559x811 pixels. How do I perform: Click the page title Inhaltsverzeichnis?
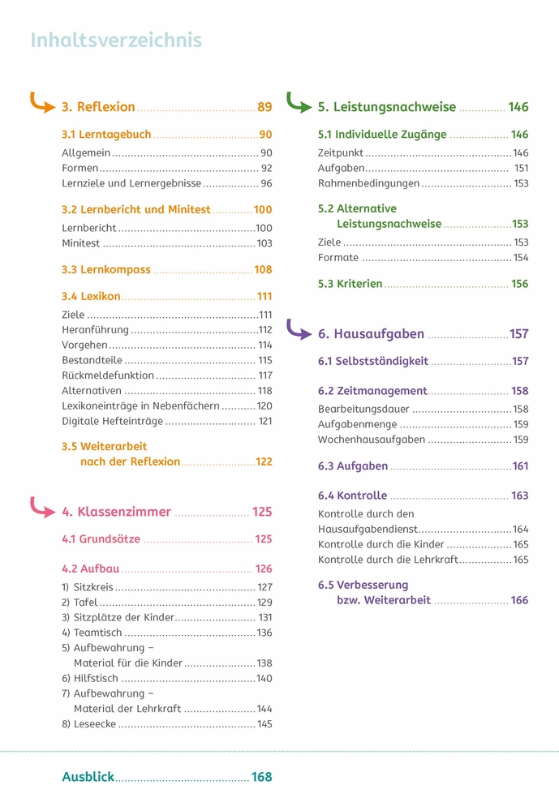pos(116,41)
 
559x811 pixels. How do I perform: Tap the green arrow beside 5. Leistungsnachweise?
pos(299,104)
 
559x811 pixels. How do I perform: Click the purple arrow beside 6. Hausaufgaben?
pos(299,329)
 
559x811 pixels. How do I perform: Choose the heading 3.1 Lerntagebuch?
pos(106,135)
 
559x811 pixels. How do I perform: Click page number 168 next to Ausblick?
pos(261,777)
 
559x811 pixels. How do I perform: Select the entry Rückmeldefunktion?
pos(108,375)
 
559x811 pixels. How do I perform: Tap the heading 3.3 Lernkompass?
pos(106,269)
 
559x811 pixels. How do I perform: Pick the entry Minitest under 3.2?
pos(81,243)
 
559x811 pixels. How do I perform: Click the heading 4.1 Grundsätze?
pos(101,539)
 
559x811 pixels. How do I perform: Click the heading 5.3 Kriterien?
pos(350,284)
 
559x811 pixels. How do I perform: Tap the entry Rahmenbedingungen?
pos(368,183)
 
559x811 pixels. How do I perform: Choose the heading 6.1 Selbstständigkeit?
pos(372,361)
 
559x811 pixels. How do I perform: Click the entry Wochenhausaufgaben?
pos(372,440)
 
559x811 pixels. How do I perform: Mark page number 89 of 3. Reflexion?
pos(264,107)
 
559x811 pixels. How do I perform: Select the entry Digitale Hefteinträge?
pos(112,421)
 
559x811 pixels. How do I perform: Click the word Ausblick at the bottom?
pos(88,777)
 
